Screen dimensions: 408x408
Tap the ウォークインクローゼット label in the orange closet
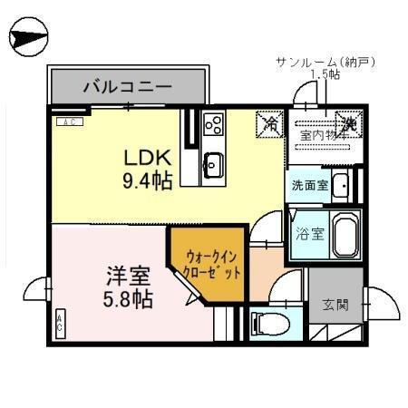click(214, 264)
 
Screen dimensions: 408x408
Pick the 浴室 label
click(308, 234)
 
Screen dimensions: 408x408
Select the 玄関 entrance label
click(335, 305)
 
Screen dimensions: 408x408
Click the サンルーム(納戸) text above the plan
click(325, 62)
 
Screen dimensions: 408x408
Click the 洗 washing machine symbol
click(349, 122)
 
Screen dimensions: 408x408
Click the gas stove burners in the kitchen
click(214, 123)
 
